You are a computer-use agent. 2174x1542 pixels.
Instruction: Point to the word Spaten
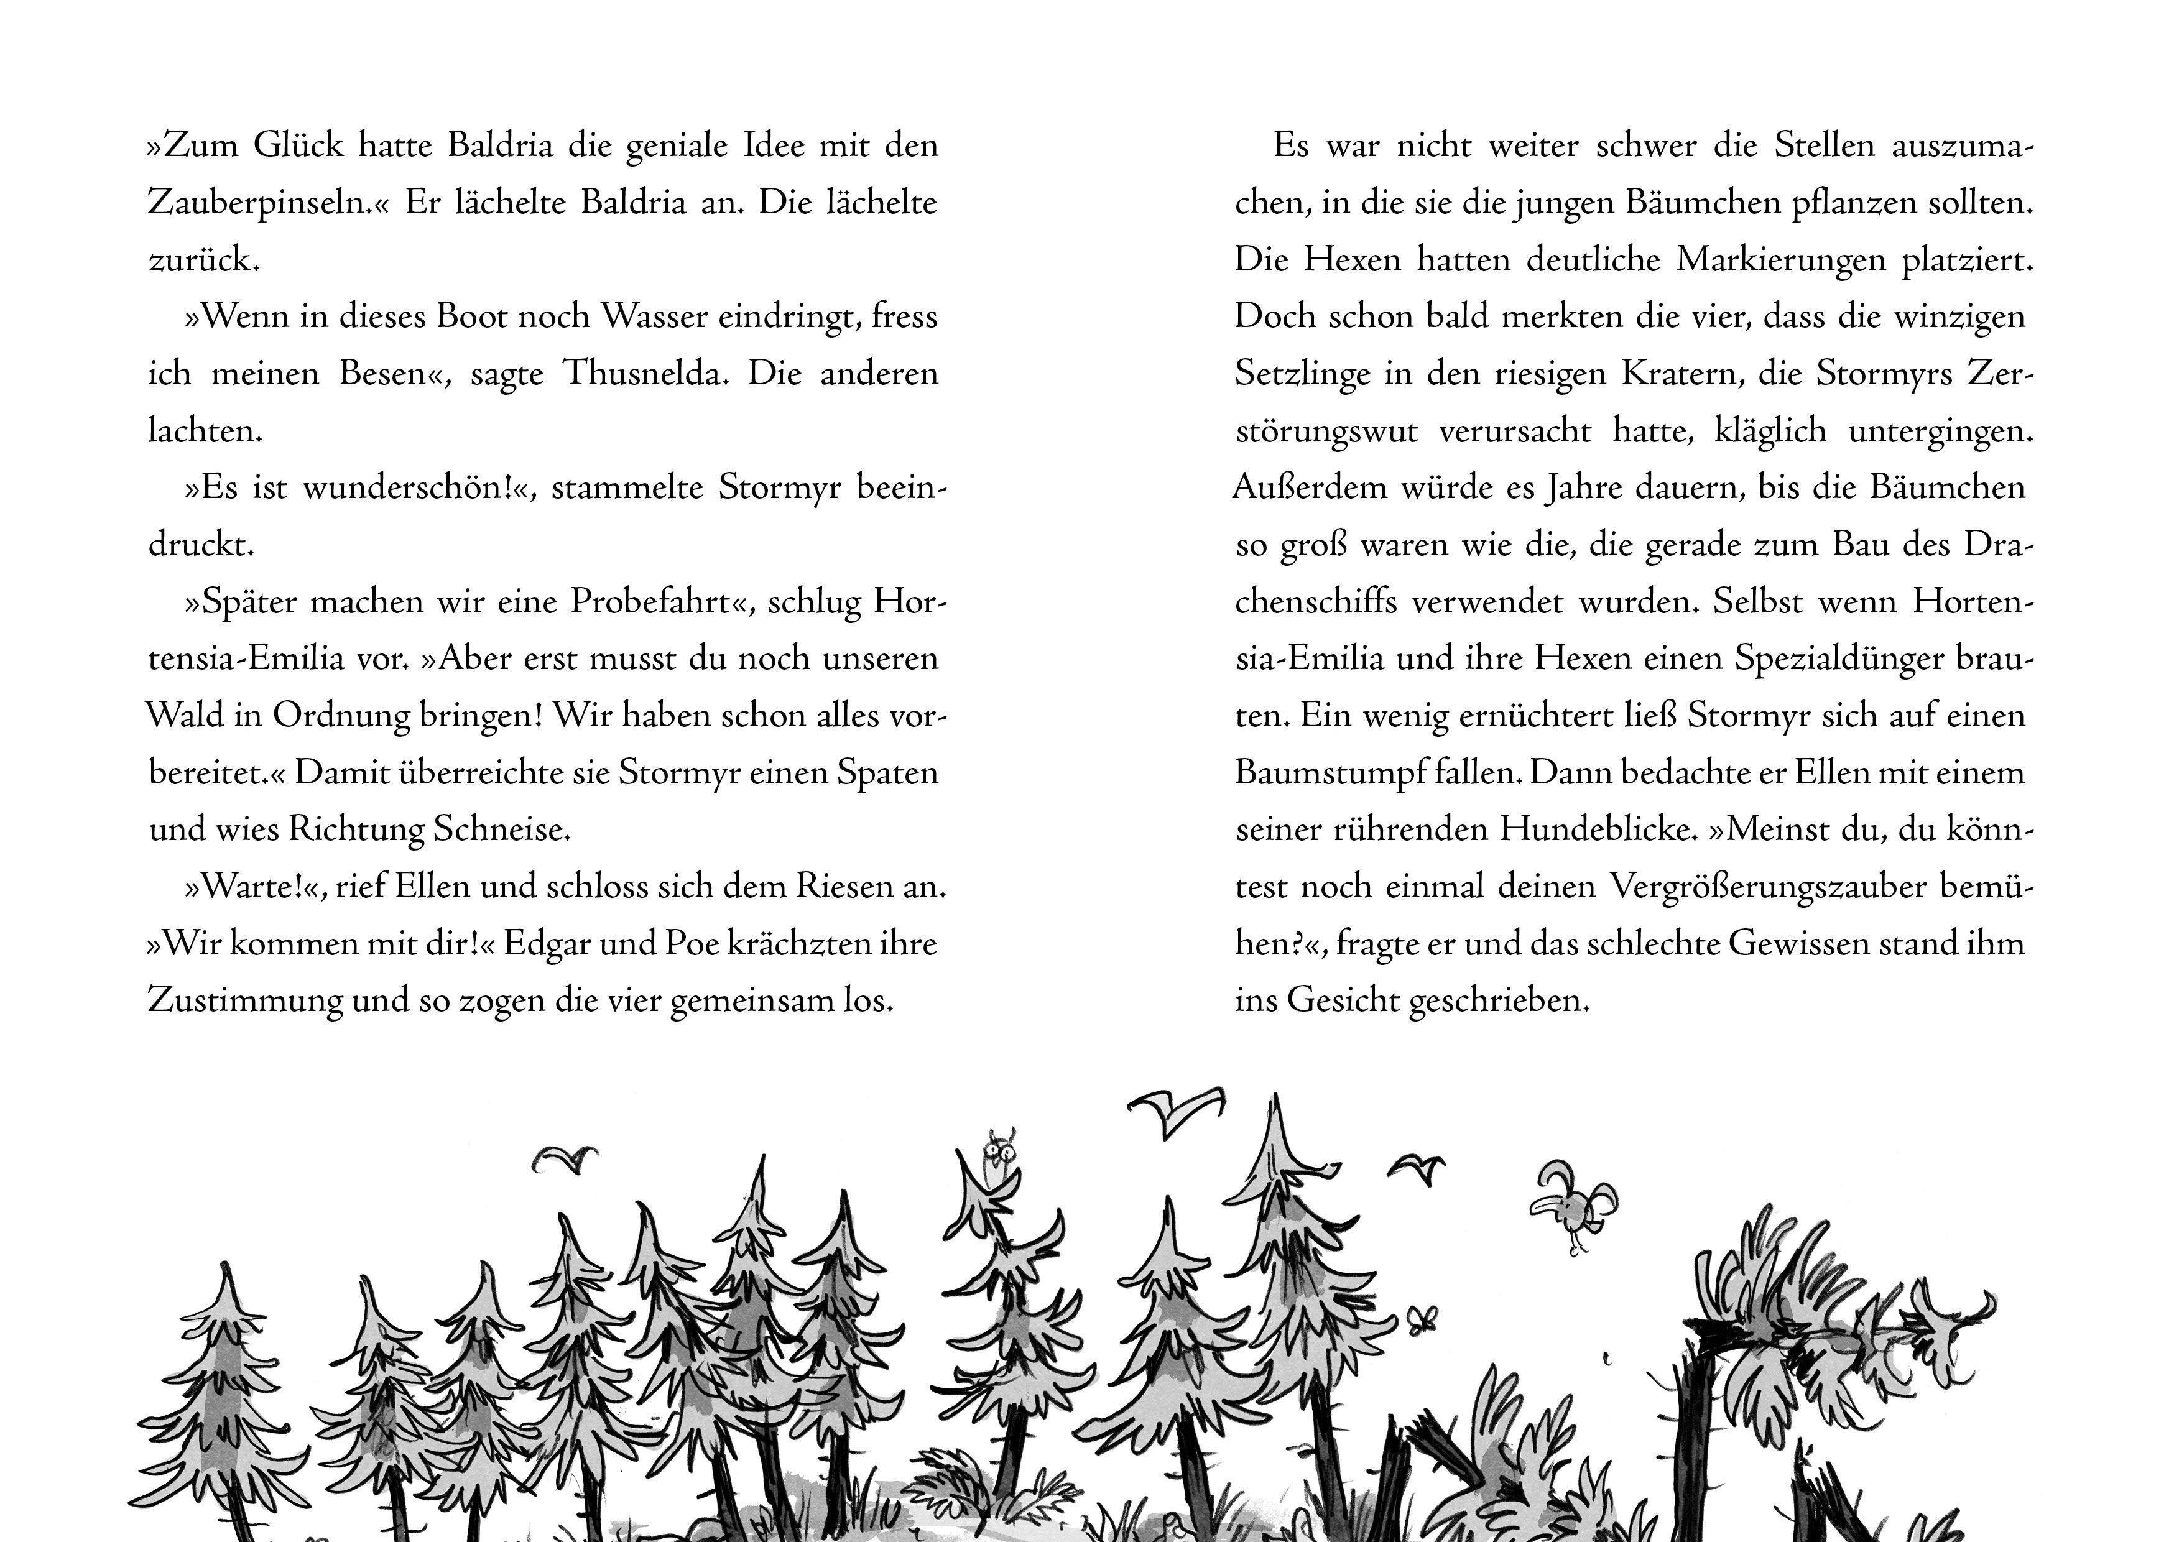pyautogui.click(x=887, y=773)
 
